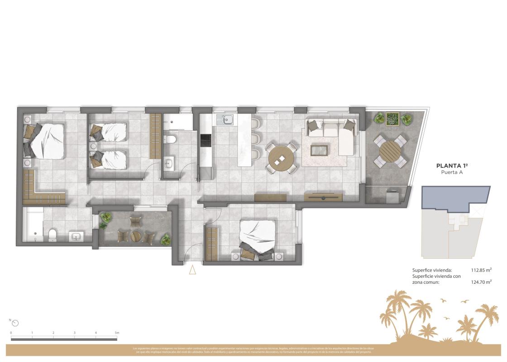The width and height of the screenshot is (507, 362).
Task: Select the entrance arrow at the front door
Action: pyautogui.click(x=192, y=270)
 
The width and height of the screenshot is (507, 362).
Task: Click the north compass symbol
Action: pyautogui.click(x=16, y=323)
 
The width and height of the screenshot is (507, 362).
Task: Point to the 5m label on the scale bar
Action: pyautogui.click(x=116, y=333)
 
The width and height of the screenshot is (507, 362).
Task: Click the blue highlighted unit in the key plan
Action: pyautogui.click(x=455, y=197)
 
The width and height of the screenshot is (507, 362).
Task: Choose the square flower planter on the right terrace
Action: pyautogui.click(x=392, y=118)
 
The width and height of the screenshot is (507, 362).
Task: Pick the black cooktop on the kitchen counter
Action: pyautogui.click(x=205, y=140)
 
